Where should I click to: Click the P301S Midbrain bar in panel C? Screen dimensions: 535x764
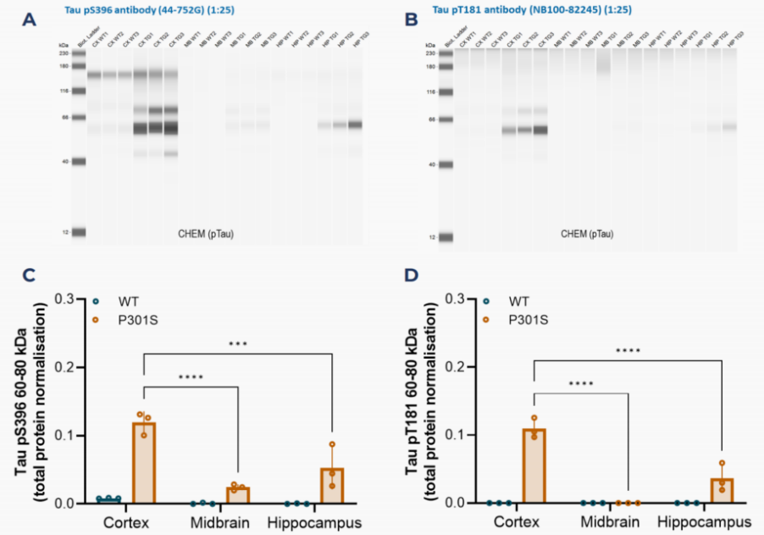237,495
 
